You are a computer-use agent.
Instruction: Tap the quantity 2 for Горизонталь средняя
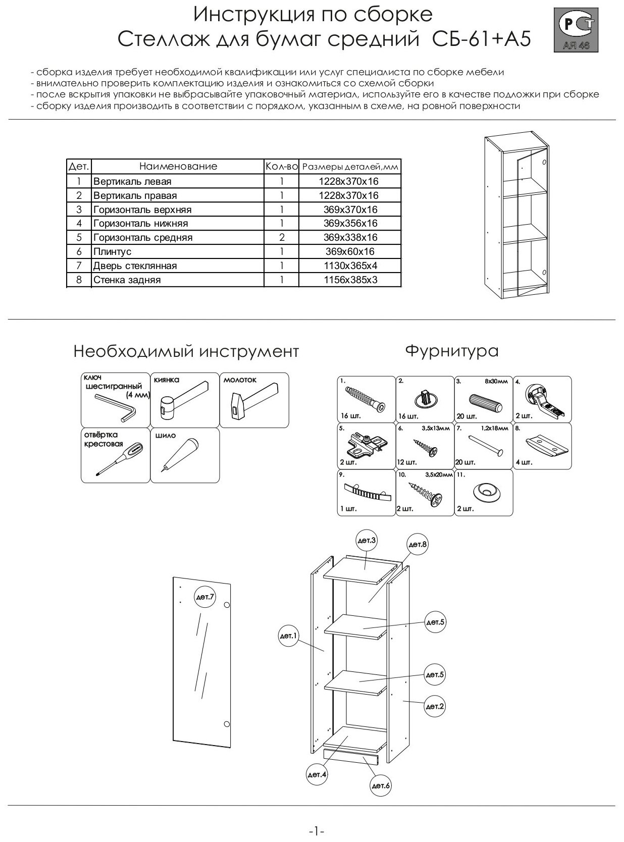click(x=282, y=237)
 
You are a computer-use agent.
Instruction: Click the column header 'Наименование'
click(x=178, y=166)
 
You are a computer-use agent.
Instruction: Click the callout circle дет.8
click(x=418, y=544)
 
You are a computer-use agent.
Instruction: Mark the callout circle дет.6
click(x=381, y=785)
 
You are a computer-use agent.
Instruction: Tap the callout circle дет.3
click(x=367, y=541)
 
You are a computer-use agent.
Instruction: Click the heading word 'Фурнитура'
click(x=452, y=351)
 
